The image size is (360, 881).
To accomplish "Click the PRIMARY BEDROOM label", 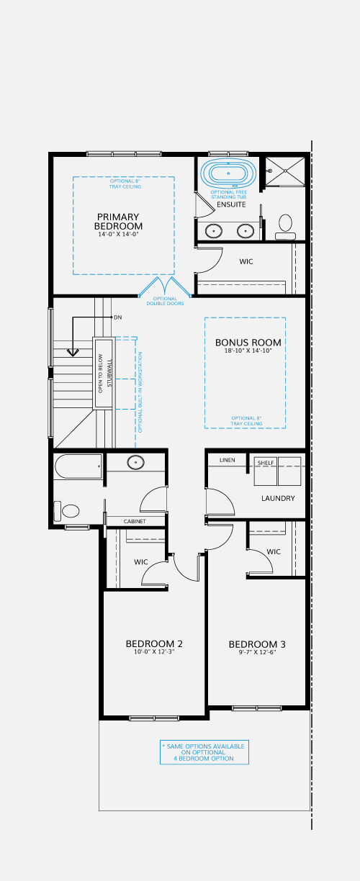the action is tap(118, 222).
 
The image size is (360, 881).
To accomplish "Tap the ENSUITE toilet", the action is tap(285, 227).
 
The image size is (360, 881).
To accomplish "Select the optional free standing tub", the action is tap(228, 173).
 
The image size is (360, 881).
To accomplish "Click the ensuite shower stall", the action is tap(285, 171).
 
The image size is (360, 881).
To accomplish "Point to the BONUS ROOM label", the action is tap(248, 342).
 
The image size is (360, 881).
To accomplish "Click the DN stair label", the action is tap(117, 317).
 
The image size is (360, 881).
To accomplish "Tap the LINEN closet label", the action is tap(228, 460).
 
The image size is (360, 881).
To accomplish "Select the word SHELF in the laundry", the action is tap(266, 463).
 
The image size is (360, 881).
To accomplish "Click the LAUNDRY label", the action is tap(278, 498).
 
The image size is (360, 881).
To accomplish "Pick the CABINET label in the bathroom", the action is tap(135, 521).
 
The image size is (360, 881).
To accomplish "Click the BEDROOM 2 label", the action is tap(154, 643).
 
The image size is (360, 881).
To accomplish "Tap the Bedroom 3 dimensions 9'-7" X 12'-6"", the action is tap(257, 652).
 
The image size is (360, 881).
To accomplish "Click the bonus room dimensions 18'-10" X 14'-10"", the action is tap(248, 351).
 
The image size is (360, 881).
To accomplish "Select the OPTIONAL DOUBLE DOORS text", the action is tap(166, 301).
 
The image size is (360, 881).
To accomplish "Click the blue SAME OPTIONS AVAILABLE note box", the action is tap(204, 752).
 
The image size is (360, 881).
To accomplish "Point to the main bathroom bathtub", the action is tap(78, 466).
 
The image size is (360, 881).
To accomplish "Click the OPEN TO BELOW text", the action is tap(100, 374).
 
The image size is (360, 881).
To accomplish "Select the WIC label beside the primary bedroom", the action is tap(246, 261).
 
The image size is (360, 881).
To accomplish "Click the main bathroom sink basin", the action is tap(136, 462).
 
